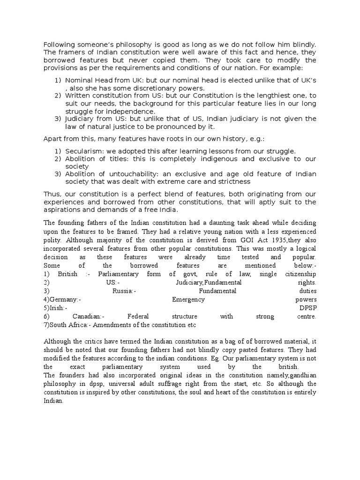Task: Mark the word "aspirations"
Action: click(x=62, y=210)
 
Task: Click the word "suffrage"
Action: click(x=189, y=384)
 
